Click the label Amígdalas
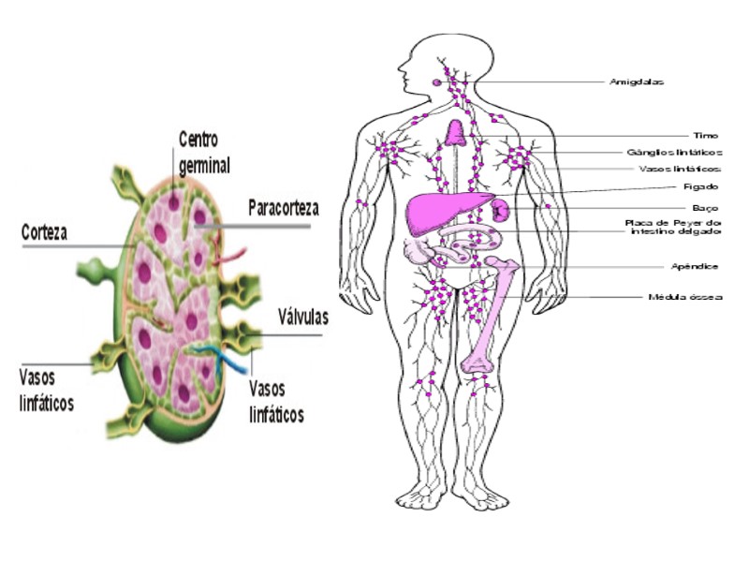637,81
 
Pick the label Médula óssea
685,297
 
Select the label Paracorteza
283,207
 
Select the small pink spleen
501,208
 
